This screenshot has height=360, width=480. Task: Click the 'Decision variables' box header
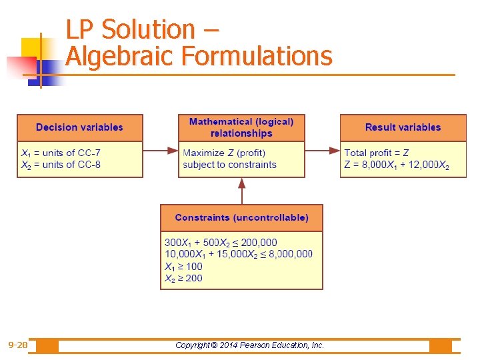coord(79,127)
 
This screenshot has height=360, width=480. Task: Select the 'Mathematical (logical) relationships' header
coord(241,127)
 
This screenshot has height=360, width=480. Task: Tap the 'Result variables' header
coord(403,127)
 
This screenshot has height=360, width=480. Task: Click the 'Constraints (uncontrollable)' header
coord(241,217)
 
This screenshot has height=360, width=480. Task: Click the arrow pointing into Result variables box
coord(323,151)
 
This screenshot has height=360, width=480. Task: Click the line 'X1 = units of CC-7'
coord(61,153)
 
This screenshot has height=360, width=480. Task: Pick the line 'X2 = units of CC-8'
coord(61,165)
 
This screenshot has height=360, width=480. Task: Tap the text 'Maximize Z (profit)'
coord(224,153)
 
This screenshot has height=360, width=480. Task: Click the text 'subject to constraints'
coord(229,165)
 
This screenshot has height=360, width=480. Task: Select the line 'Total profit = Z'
coord(377,153)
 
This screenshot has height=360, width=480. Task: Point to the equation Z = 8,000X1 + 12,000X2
coord(397,165)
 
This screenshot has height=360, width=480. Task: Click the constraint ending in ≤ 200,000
coord(221,242)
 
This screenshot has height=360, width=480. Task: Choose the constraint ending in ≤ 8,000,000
coord(238,254)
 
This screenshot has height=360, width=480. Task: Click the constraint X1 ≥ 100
coord(183,266)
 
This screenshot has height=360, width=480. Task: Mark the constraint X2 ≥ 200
coord(183,278)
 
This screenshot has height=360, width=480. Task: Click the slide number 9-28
coord(18,345)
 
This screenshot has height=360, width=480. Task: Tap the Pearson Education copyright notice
coord(249,345)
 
